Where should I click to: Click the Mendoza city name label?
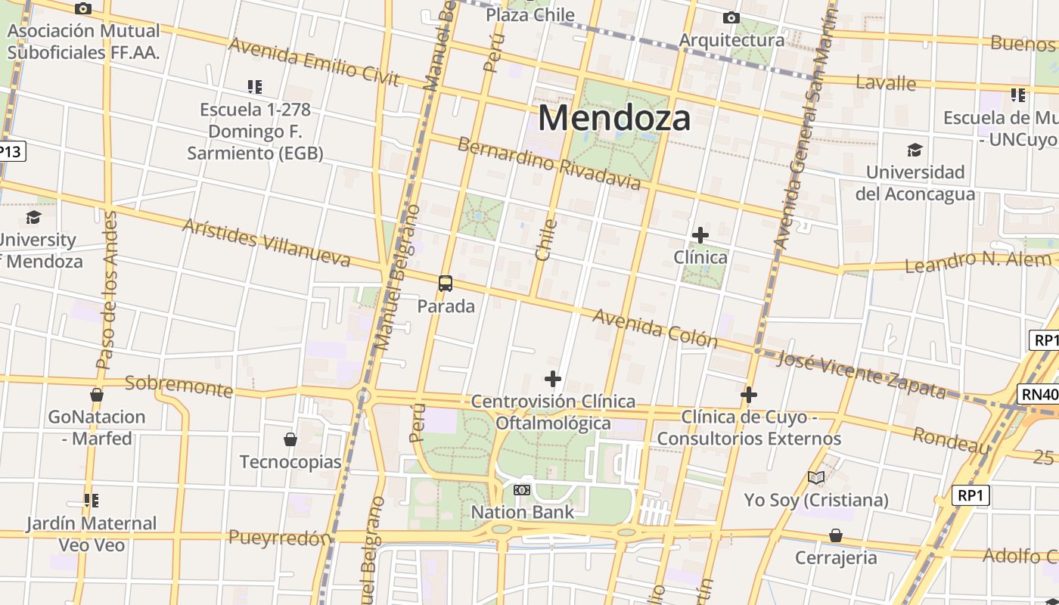[x=614, y=118]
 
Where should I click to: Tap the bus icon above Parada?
[x=446, y=284]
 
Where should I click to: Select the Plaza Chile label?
[x=529, y=14]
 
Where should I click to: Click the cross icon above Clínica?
[x=700, y=235]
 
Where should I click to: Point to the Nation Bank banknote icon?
[x=522, y=490]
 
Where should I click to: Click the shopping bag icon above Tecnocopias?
[x=290, y=439]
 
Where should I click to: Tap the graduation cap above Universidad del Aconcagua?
[x=915, y=150]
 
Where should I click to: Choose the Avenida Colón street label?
[x=654, y=328]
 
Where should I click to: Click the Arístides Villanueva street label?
[x=266, y=243]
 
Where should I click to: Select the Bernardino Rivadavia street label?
[x=549, y=164]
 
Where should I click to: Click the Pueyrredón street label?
[x=280, y=538]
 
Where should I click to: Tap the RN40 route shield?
[x=1039, y=394]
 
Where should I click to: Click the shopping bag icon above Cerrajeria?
[x=836, y=535]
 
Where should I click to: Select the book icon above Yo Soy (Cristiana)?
[x=815, y=477]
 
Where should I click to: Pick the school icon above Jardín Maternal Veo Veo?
[x=92, y=500]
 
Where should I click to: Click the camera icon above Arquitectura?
[x=731, y=17]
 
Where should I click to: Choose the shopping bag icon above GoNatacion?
[x=97, y=395]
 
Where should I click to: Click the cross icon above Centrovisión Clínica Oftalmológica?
[x=553, y=378]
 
